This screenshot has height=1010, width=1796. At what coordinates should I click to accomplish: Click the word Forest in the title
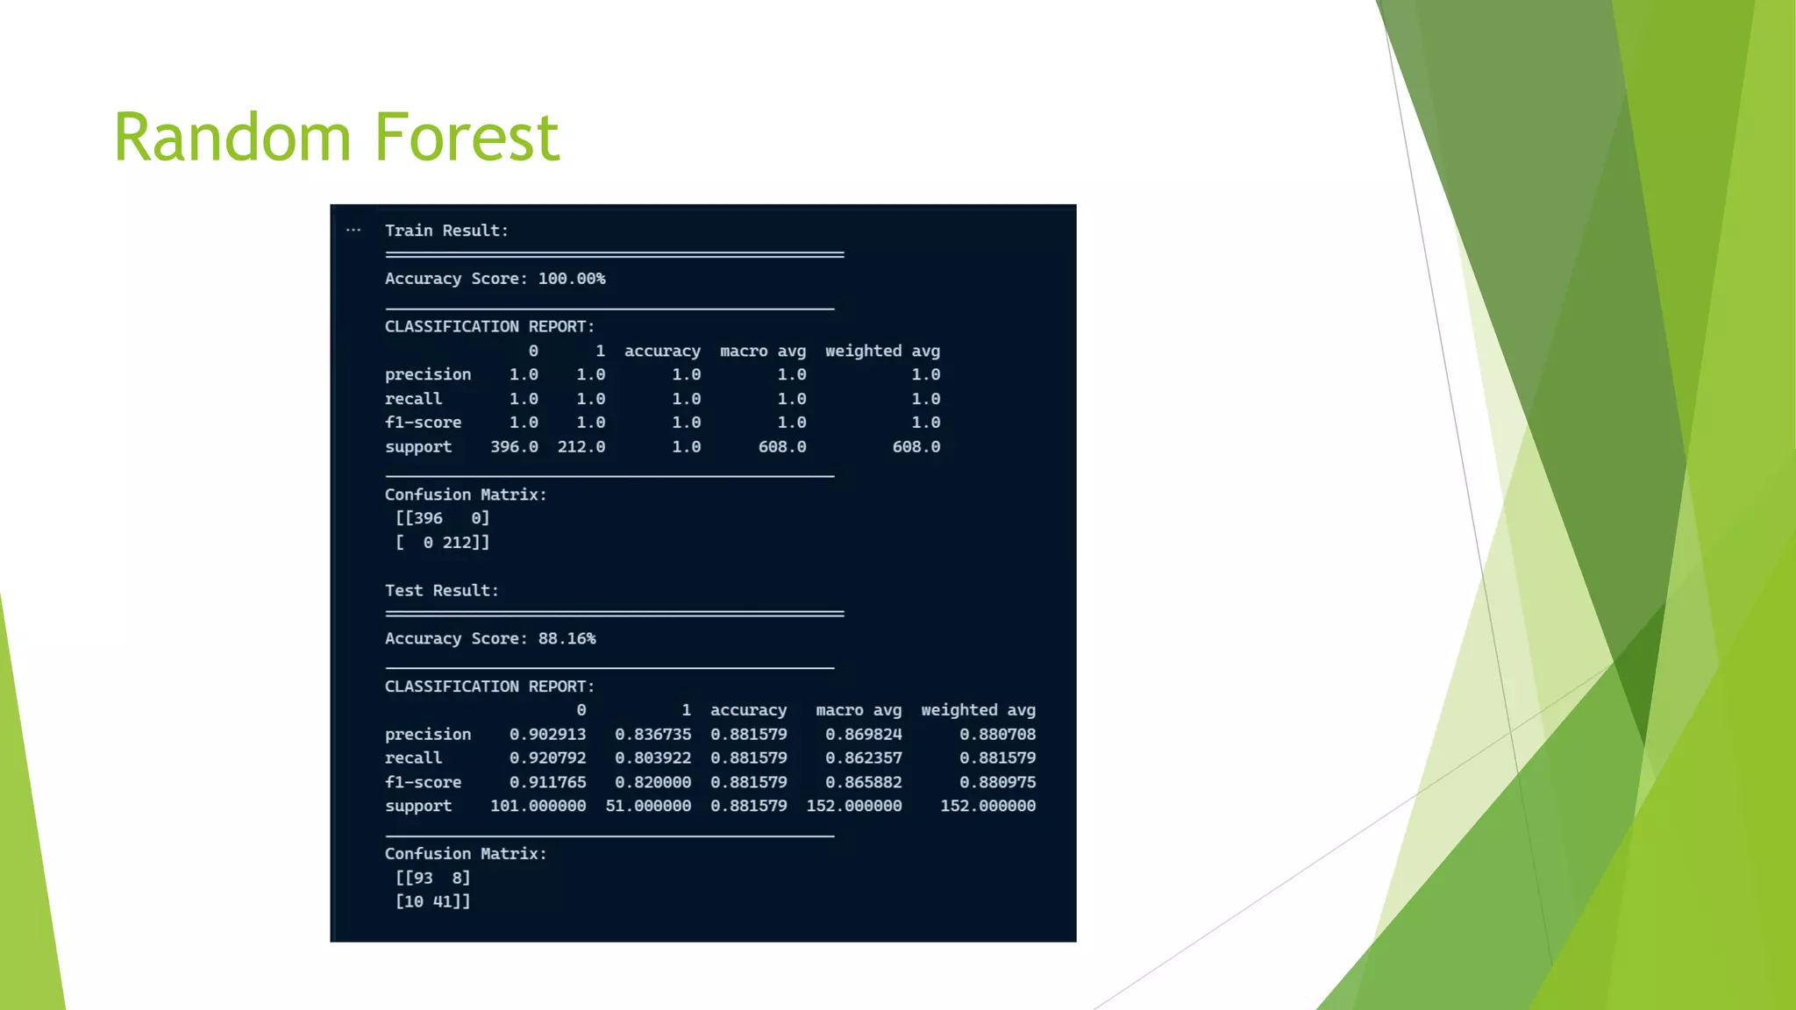[467, 138]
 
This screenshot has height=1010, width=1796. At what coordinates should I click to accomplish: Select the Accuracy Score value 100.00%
[571, 279]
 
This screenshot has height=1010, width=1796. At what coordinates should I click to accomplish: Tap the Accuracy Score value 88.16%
[567, 638]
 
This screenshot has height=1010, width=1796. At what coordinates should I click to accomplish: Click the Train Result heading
[446, 231]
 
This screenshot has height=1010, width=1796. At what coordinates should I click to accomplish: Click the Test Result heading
[441, 590]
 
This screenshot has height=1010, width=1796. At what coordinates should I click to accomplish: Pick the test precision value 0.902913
[547, 735]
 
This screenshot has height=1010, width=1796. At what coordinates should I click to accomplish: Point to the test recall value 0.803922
[652, 758]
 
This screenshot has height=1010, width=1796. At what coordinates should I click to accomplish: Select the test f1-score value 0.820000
[652, 782]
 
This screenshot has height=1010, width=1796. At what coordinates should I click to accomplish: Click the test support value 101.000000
[538, 806]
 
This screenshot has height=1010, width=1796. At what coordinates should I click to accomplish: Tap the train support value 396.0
[514, 447]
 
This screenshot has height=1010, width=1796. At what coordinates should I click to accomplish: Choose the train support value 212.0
[581, 447]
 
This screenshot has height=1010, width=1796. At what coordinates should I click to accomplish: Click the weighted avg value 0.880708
[997, 735]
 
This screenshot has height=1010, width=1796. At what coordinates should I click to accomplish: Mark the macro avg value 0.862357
[863, 758]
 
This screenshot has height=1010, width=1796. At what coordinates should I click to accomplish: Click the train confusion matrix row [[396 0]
[442, 518]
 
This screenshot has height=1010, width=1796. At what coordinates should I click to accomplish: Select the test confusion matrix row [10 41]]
[432, 901]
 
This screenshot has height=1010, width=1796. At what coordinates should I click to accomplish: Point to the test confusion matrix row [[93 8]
[432, 878]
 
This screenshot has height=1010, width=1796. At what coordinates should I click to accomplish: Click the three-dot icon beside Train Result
[353, 231]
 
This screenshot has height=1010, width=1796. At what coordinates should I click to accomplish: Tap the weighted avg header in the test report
[978, 710]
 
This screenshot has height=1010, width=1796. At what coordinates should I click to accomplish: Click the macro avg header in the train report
[762, 351]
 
